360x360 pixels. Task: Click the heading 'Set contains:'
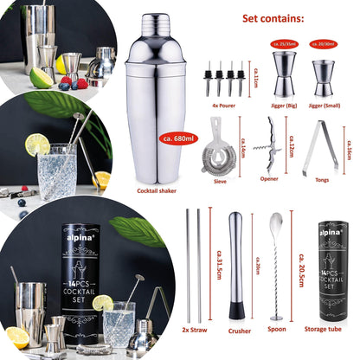(x=273, y=17)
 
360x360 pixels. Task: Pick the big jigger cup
(x=284, y=72)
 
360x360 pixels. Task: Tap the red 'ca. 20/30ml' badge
(x=326, y=41)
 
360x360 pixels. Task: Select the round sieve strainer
(x=218, y=157)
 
